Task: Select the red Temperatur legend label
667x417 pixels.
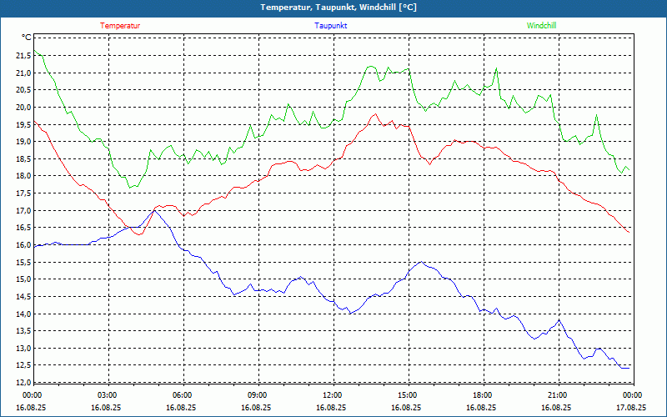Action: (120, 26)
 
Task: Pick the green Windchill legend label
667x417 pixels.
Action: (541, 26)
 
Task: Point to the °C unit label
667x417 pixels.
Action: (27, 38)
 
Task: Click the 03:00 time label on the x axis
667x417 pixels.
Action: (108, 395)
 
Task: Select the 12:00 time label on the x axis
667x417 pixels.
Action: (332, 395)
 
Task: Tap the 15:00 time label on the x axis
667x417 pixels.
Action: (407, 395)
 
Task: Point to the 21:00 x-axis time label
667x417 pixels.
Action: (557, 395)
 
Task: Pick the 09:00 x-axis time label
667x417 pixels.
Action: (258, 395)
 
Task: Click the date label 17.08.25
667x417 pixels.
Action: (631, 408)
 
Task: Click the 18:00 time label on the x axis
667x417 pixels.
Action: (482, 395)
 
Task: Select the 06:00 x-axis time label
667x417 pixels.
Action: (183, 395)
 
